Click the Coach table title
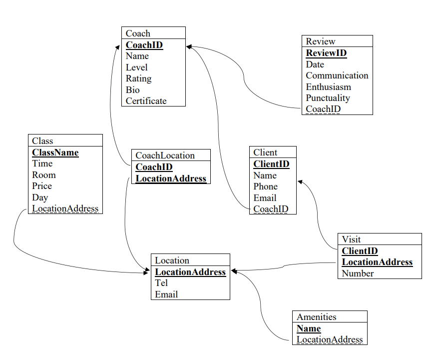tap(138, 33)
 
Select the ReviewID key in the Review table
tap(326, 53)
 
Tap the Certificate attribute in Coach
tap(146, 101)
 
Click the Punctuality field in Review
tap(328, 98)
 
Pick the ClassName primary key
tap(55, 152)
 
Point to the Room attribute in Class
tap(44, 175)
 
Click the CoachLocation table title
tap(165, 155)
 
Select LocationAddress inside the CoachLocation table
tap(171, 178)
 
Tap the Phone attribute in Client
tap(265, 186)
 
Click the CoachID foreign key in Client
tap(271, 209)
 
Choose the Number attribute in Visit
tap(358, 273)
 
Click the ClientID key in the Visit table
tap(360, 251)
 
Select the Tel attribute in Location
tap(161, 283)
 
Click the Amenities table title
tap(316, 317)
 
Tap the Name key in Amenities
tap(309, 328)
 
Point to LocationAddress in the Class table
tap(65, 208)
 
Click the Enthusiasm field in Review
tap(328, 87)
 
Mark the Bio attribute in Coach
tap(133, 90)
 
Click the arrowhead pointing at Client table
tap(300, 182)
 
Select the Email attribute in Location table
tap(166, 294)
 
